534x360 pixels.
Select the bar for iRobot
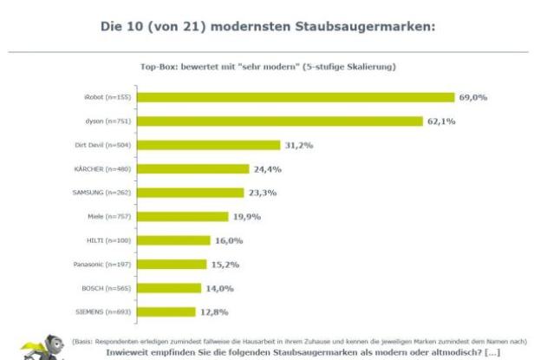(x=296, y=97)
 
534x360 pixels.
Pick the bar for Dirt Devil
(x=209, y=145)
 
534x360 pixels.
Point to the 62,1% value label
(x=441, y=121)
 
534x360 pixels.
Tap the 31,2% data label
(x=299, y=145)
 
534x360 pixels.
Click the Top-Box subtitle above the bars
(x=266, y=66)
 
